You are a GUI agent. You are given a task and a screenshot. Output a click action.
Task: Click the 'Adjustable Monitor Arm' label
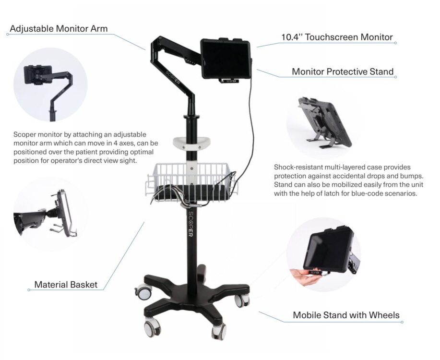[59, 29]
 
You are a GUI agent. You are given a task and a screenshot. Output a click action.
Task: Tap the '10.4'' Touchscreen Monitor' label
[337, 37]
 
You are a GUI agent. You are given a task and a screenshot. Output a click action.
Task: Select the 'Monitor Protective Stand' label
[343, 72]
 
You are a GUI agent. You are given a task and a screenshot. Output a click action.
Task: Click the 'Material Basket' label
[66, 285]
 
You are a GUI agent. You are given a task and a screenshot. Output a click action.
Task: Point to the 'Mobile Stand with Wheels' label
[346, 315]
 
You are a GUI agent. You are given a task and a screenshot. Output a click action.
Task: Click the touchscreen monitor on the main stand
[225, 59]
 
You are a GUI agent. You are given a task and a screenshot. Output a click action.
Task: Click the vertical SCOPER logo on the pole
[191, 227]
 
